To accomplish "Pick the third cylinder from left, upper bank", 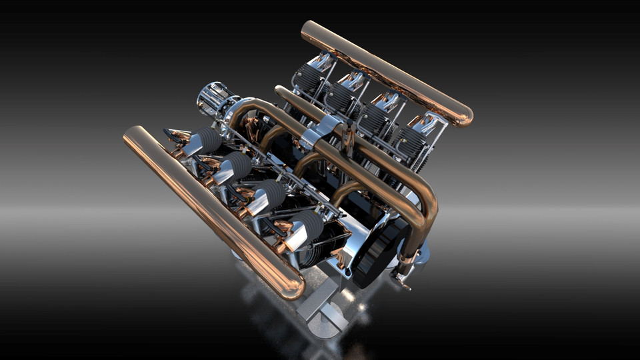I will point(373,120).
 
